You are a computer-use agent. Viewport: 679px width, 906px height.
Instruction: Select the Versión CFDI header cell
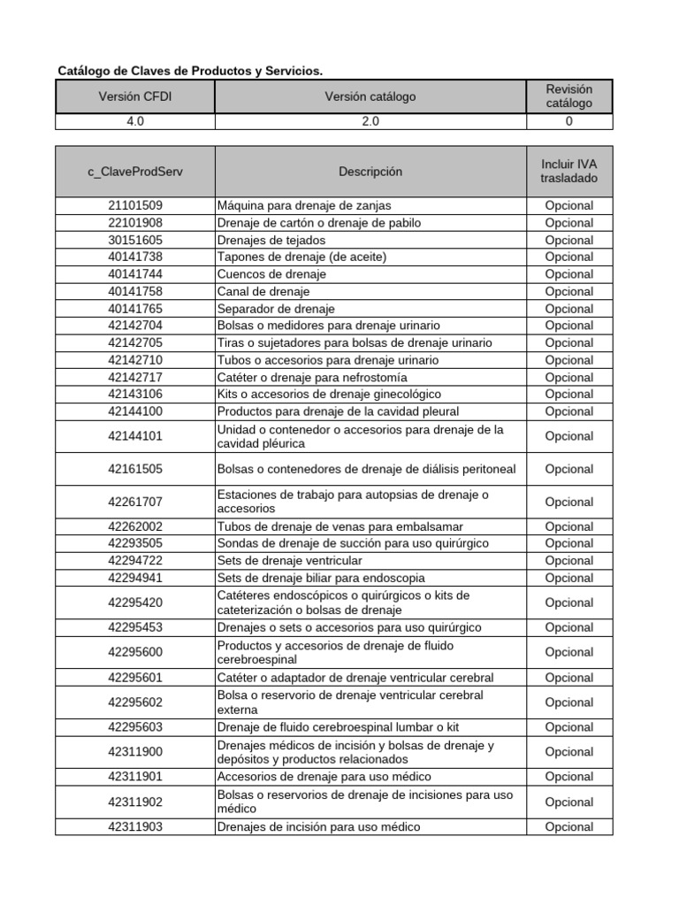pos(135,96)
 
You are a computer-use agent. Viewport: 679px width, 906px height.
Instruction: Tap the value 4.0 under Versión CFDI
pos(135,122)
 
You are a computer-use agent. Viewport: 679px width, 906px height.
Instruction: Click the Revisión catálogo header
pos(568,96)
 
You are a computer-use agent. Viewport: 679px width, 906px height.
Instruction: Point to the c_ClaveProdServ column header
pos(135,172)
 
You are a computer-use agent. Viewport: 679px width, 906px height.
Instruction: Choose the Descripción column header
pos(370,172)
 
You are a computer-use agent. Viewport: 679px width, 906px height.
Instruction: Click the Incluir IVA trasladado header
pos(568,172)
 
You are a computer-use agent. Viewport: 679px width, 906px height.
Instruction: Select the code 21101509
pos(135,205)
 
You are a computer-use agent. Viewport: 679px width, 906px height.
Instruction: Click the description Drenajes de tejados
pos(271,240)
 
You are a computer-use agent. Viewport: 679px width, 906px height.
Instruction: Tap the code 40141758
pos(135,291)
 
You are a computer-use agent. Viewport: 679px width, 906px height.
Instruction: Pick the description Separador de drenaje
pos(276,309)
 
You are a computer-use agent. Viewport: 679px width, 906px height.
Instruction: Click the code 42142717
pos(135,377)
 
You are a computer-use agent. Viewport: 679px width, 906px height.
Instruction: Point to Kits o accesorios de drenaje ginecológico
pos(329,394)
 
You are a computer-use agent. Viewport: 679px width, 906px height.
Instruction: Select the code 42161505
pos(135,469)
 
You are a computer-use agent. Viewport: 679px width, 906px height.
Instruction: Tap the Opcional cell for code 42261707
pos(568,502)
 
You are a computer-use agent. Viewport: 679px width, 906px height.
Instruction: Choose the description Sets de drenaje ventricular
pos(289,560)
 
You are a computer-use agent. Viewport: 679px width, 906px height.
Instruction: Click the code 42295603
pos(135,727)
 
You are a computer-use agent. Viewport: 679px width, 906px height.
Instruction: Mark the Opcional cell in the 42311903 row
pos(568,827)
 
